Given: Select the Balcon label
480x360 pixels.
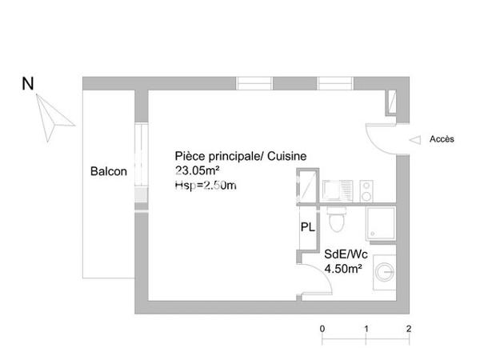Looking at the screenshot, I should pos(108,171).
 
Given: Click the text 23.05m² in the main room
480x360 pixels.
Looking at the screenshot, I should pos(198,170).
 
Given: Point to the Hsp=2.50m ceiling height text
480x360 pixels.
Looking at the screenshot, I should pos(206,185).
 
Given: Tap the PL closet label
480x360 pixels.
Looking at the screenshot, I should pos(307,226).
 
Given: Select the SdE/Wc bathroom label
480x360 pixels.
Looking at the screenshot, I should pos(342,255).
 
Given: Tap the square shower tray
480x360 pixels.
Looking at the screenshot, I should pos(380,224).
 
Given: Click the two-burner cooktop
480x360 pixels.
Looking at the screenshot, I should pos(366,190).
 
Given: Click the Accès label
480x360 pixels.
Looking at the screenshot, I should pos(442,139).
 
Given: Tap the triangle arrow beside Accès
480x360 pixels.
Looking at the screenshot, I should pos(415,139).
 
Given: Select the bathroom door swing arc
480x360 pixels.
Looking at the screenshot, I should pos(307,276).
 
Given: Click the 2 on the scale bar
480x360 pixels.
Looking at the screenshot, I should pos(409,329).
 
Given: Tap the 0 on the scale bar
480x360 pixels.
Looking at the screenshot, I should pos(322,329).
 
